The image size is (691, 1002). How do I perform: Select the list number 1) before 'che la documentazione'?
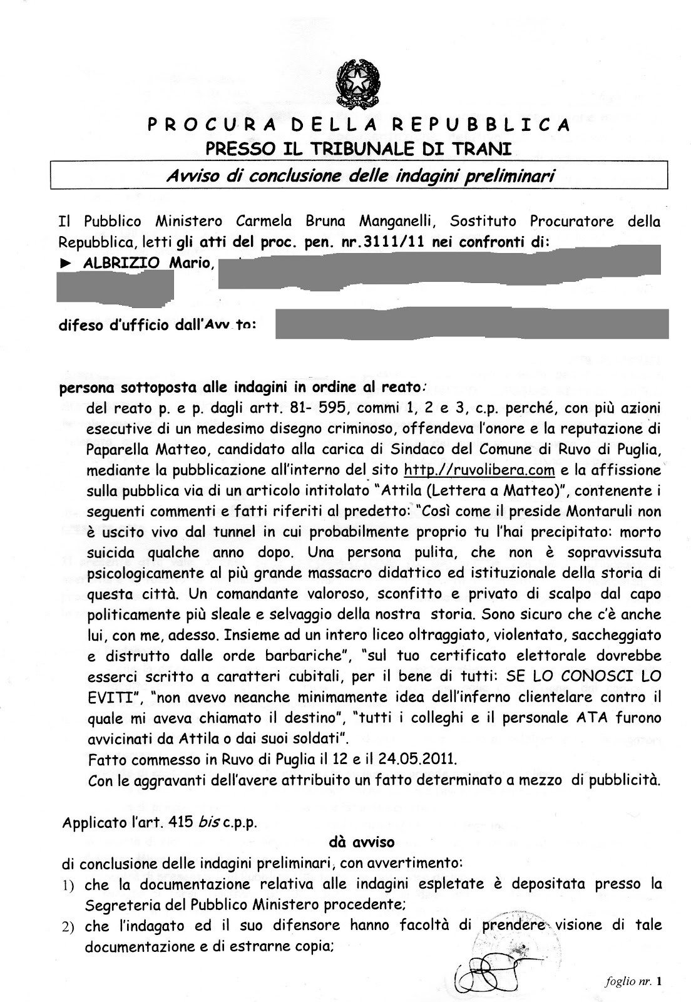tap(68, 885)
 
